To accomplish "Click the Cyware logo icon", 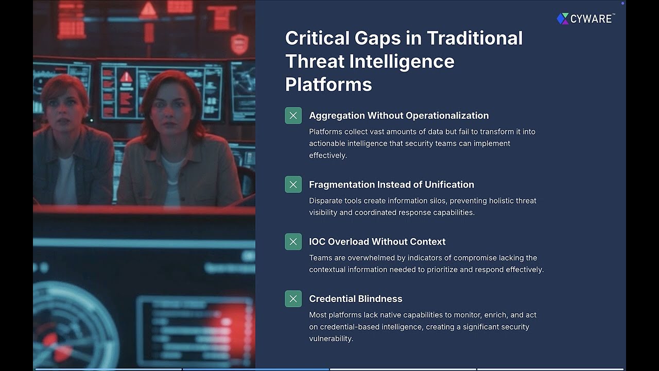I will (x=562, y=19).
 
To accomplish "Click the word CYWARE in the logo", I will (x=591, y=19).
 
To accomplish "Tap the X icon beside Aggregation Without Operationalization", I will (x=293, y=115).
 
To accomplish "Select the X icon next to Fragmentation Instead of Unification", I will (x=293, y=184).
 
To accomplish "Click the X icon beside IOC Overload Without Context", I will (x=293, y=242).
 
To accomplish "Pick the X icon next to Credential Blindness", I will (x=293, y=299).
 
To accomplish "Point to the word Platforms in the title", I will (x=328, y=85).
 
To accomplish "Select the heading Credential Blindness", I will (x=355, y=299).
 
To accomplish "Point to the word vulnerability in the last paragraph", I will (x=330, y=339).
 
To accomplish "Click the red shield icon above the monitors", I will (x=239, y=44).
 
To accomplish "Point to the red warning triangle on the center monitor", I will (x=126, y=78).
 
